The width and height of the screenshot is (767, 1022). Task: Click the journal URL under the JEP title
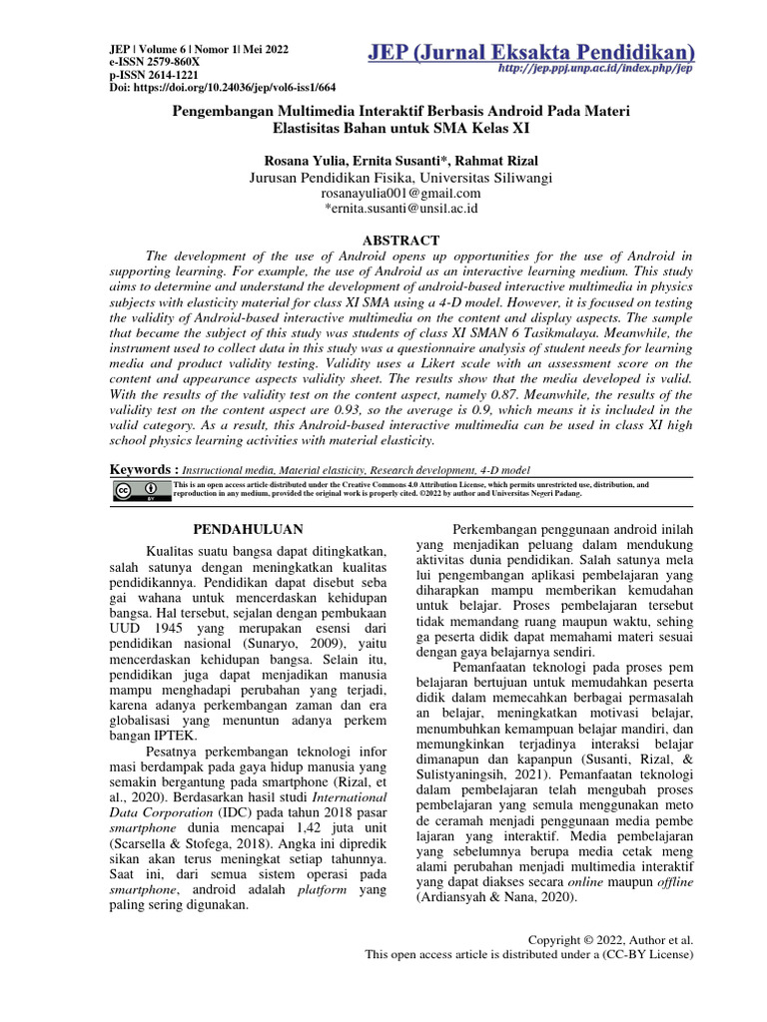596,70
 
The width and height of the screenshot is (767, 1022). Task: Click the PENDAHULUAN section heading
247,529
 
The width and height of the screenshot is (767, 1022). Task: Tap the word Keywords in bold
143,469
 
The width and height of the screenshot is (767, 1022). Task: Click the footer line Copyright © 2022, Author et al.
610,940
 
